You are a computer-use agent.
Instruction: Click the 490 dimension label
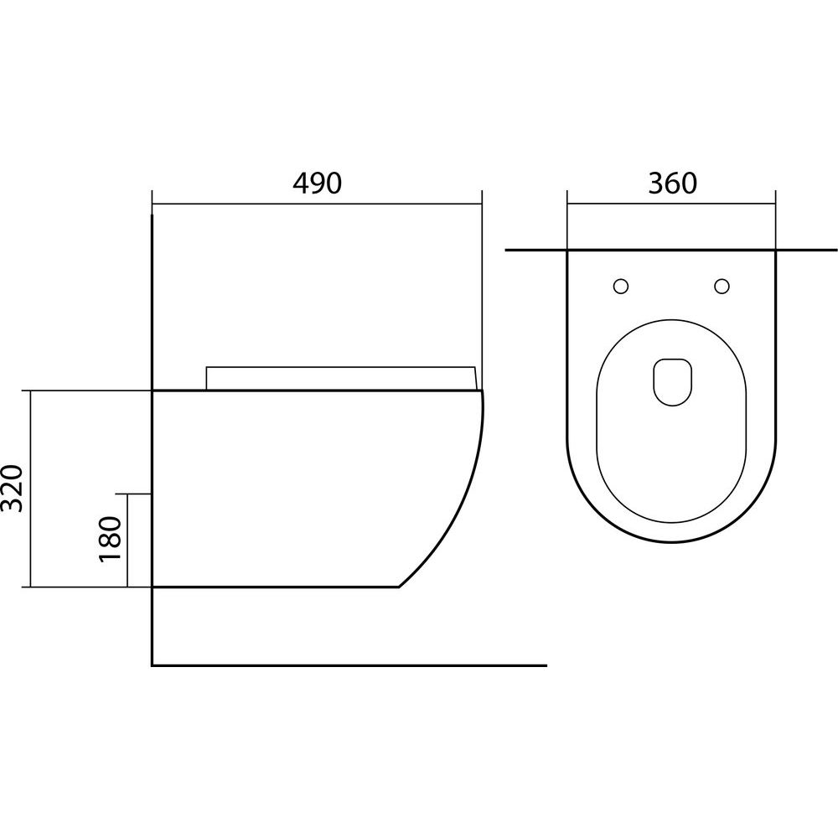click(317, 183)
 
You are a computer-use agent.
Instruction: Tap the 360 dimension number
click(672, 183)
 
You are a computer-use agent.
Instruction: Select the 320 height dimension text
click(13, 488)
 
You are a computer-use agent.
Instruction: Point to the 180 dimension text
click(111, 539)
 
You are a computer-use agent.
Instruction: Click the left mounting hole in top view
click(620, 287)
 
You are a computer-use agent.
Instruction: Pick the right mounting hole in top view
click(722, 287)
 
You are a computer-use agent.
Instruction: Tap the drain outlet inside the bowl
click(672, 381)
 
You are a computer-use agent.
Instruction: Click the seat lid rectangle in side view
click(341, 379)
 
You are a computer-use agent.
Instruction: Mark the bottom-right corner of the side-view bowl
click(399, 587)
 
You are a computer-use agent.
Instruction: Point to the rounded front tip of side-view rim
click(482, 391)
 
